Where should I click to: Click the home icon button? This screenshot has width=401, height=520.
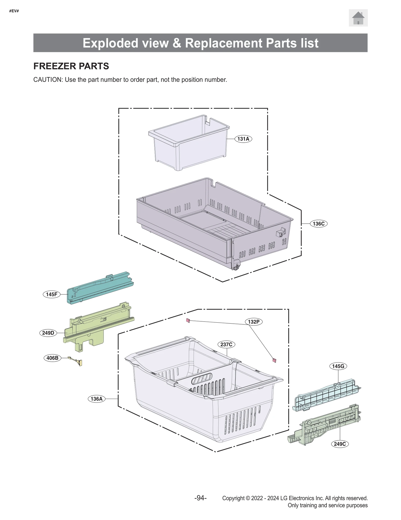point(358,18)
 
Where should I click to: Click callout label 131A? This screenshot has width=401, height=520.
point(243,139)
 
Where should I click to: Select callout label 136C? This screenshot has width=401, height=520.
point(318,223)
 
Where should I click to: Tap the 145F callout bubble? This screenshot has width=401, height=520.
point(52,294)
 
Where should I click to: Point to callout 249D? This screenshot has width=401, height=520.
point(48,333)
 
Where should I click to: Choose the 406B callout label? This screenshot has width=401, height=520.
point(52,358)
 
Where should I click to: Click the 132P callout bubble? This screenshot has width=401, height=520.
point(253,322)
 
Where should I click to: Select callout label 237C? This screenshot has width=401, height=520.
point(226,344)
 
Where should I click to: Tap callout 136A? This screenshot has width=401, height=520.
point(96,399)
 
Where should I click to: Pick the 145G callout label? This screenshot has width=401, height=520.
point(338,366)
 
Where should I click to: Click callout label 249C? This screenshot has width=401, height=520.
point(340,444)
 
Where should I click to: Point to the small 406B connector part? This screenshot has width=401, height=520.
point(76,361)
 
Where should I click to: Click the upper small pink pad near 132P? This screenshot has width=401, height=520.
point(188,320)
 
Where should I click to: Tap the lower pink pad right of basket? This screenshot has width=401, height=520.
point(274,360)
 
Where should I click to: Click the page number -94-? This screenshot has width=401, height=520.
point(200,498)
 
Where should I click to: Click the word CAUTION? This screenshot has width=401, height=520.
point(47,80)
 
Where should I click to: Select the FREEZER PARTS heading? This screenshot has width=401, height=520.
point(71,66)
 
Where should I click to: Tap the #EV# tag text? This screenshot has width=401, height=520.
point(14,11)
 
